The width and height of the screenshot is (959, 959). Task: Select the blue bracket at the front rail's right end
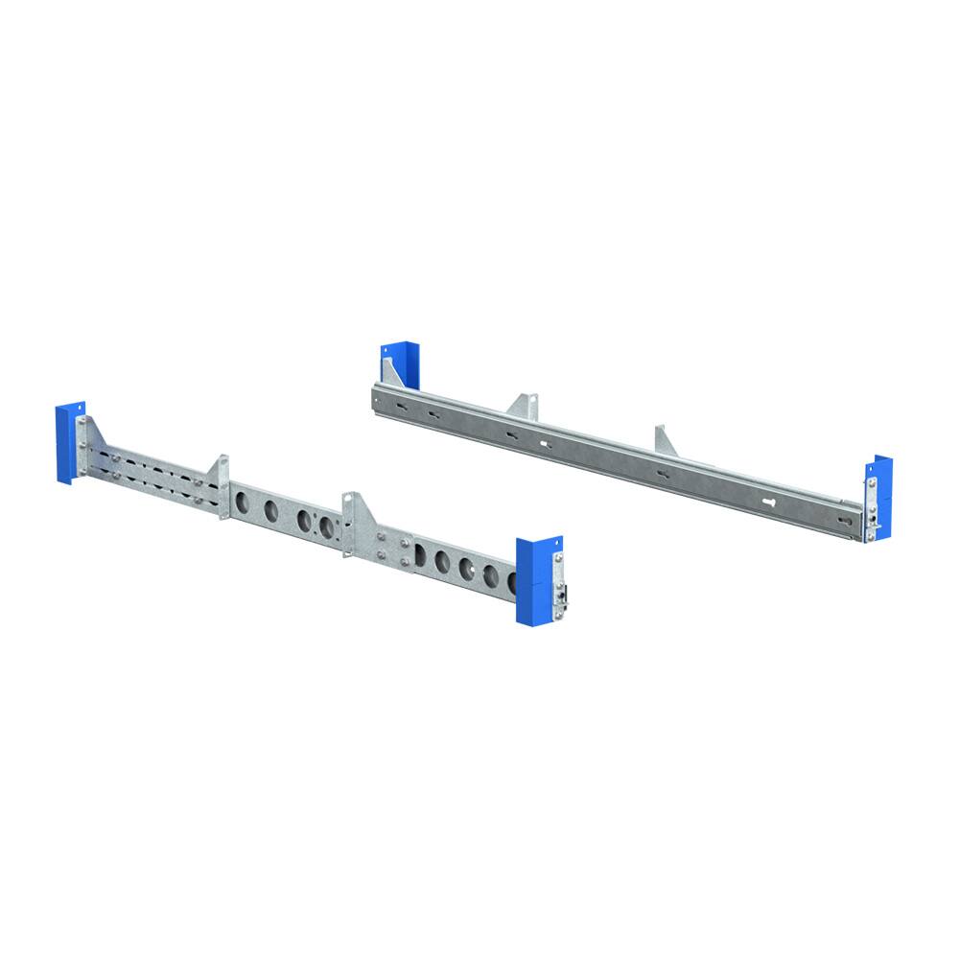533,581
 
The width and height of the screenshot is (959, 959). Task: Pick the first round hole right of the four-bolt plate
421,554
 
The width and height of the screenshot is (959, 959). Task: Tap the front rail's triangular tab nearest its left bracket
220,470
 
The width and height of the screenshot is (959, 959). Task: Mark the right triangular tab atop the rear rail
666,440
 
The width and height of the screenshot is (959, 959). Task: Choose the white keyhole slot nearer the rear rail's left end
544,444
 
